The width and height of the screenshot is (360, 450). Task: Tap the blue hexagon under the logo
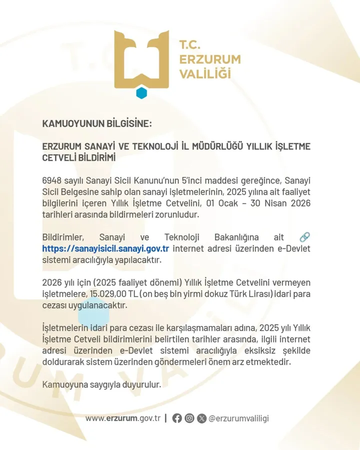coord(141,93)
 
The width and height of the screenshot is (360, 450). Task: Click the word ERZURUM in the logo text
coord(209,59)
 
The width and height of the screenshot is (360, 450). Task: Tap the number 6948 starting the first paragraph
coord(52,180)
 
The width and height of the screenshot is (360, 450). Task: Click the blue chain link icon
coord(304,237)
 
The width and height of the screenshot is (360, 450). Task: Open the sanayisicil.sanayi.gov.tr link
coord(105,248)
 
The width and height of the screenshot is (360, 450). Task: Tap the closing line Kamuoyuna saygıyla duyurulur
coord(102,385)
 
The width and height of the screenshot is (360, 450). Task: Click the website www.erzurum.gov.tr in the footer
coord(122,418)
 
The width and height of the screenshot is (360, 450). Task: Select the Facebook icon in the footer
coord(177,418)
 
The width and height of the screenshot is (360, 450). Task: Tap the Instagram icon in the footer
coord(189,418)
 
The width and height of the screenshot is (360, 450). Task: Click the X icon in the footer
coord(201,418)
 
